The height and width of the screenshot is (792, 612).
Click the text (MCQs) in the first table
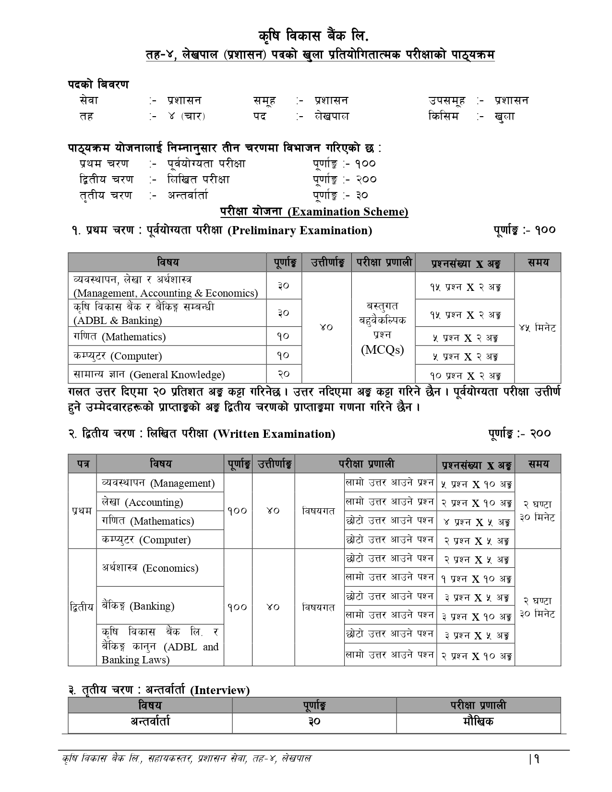click(x=383, y=350)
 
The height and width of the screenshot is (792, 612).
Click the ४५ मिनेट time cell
click(x=537, y=328)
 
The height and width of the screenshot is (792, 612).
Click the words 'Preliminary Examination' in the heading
click(x=300, y=230)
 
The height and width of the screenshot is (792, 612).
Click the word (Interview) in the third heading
click(x=220, y=690)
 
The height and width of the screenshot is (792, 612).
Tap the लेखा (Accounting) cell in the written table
click(x=142, y=502)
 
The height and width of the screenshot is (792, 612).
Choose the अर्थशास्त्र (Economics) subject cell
click(x=150, y=568)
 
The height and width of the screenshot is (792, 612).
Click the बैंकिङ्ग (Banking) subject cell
click(x=138, y=606)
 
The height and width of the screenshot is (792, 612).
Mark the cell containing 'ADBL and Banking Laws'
click(x=160, y=647)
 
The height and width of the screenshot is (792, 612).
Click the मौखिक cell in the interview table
click(x=478, y=721)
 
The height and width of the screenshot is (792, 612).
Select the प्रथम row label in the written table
click(x=82, y=511)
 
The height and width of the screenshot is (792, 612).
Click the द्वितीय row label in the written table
click(x=82, y=607)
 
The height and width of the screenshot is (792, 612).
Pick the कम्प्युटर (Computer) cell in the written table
click(x=146, y=540)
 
